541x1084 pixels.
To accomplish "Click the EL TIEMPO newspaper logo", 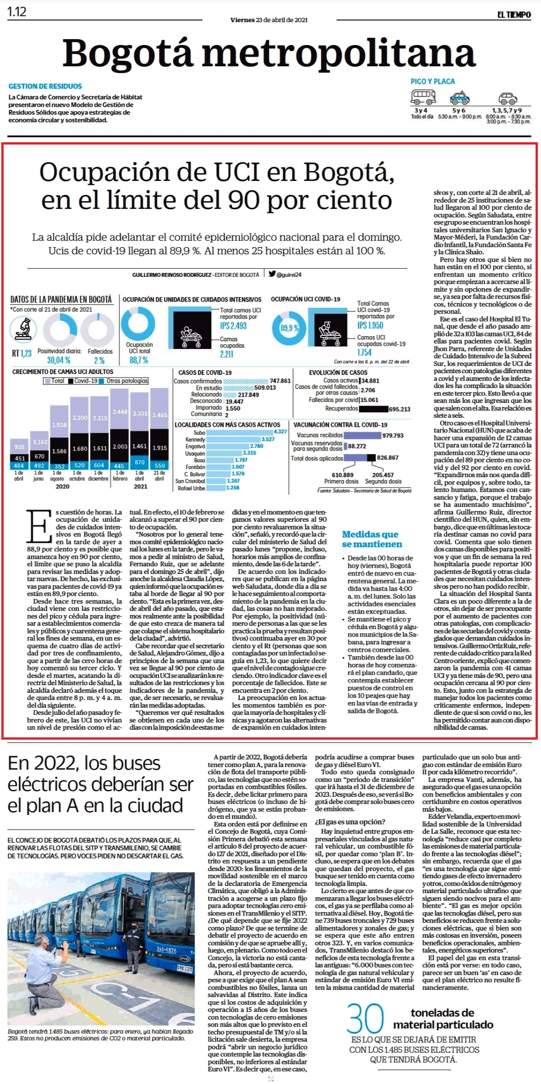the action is pos(514,15).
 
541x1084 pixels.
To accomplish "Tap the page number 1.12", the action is pos(17,12).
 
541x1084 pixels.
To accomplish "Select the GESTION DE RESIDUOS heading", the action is pos(45,86).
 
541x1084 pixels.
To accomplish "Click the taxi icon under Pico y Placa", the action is pos(459,98).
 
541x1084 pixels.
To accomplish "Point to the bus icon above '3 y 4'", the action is pos(423,97).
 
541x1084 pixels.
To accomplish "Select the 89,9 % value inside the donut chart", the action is pos(289,328).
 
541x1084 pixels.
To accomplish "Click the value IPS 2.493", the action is pos(233,325).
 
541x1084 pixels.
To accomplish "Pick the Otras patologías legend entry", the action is pos(127,381).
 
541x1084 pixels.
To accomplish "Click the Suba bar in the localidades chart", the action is pos(241,432).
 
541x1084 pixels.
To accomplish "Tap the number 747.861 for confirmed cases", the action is pos(280,381).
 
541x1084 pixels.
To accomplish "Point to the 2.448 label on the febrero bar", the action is pos(120,411).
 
